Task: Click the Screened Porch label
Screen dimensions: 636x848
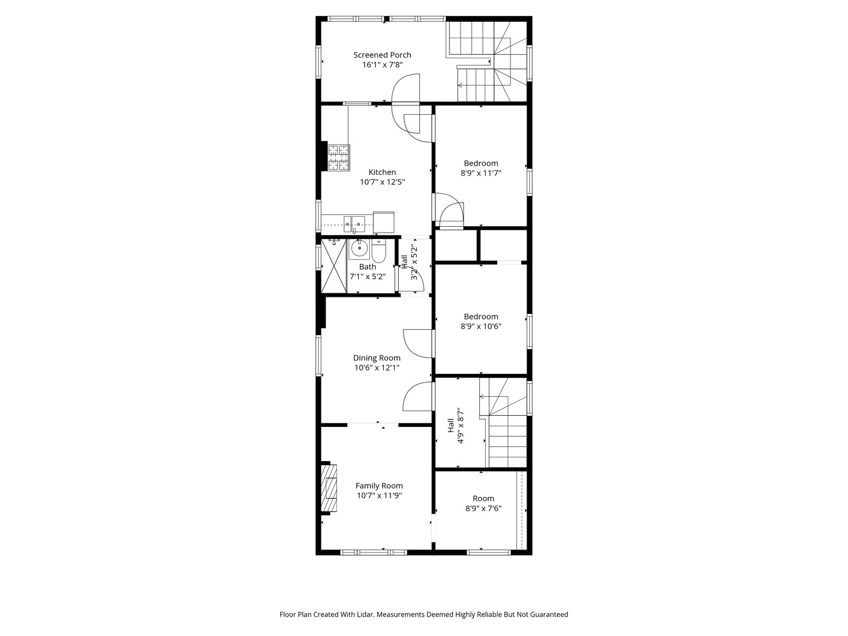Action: coord(382,55)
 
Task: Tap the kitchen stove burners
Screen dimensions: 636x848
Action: coord(339,158)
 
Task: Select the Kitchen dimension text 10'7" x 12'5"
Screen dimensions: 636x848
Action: coord(382,182)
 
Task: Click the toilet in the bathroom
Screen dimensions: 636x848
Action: coord(378,252)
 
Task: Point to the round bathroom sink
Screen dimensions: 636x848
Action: coord(358,249)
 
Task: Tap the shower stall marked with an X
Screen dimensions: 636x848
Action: coord(334,266)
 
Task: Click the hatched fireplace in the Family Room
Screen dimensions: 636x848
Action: coord(329,488)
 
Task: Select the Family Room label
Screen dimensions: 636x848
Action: coord(379,486)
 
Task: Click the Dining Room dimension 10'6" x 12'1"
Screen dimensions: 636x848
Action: coord(377,367)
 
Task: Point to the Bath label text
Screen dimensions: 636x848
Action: coord(367,267)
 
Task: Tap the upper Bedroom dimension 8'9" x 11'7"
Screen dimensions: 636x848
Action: coord(481,173)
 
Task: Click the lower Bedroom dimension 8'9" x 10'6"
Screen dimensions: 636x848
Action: coord(481,326)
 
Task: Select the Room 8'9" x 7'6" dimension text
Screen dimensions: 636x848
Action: coord(483,508)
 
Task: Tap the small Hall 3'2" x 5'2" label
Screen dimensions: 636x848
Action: coord(409,262)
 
